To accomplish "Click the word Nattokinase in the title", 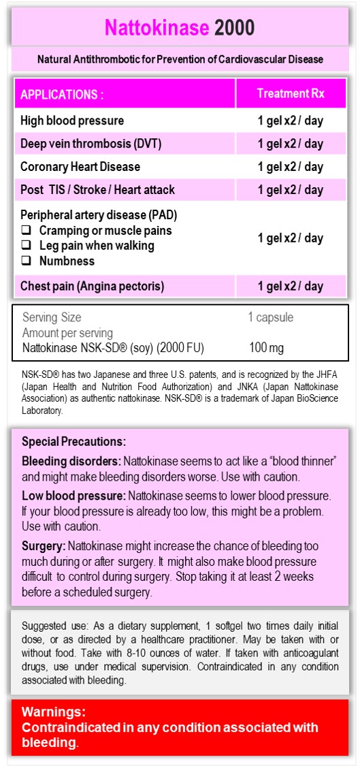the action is [x=157, y=27].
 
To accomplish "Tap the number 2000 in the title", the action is [x=235, y=27].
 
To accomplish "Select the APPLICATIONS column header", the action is [x=62, y=95].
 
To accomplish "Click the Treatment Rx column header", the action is [x=291, y=94].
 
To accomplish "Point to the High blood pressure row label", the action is [x=72, y=121].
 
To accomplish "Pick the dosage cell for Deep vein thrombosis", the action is [x=291, y=144].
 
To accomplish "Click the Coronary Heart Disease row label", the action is [x=80, y=167].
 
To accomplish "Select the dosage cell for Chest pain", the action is [x=291, y=286].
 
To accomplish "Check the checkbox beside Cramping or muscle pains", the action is [x=26, y=231].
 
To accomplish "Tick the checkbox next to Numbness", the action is [x=26, y=261].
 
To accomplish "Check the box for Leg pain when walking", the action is [x=26, y=246].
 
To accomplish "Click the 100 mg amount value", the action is [x=267, y=348].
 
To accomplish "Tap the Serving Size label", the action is [x=52, y=317].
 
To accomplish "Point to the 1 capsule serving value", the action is [x=271, y=317].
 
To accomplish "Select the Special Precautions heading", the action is [x=73, y=441].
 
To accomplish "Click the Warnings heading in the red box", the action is [x=54, y=712].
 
